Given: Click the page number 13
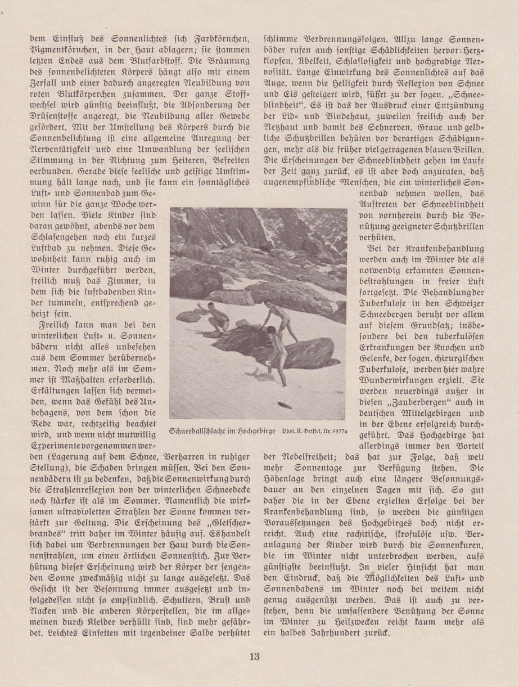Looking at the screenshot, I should coord(260,655).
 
